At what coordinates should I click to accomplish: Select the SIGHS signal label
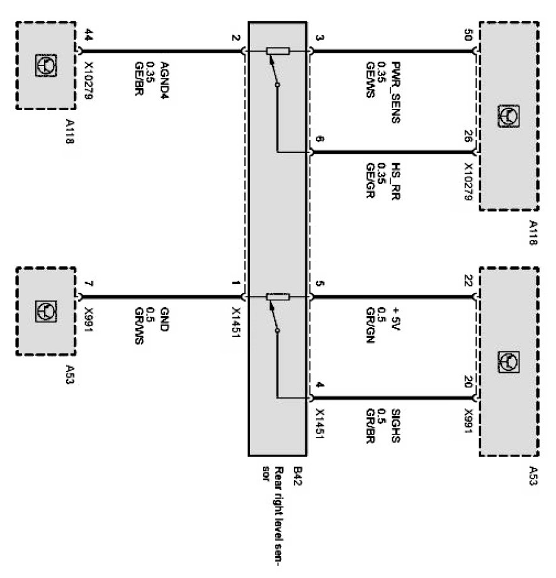click(396, 424)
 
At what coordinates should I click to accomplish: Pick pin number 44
click(88, 38)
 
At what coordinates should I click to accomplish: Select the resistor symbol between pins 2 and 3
click(278, 52)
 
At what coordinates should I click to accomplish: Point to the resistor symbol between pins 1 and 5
click(278, 297)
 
